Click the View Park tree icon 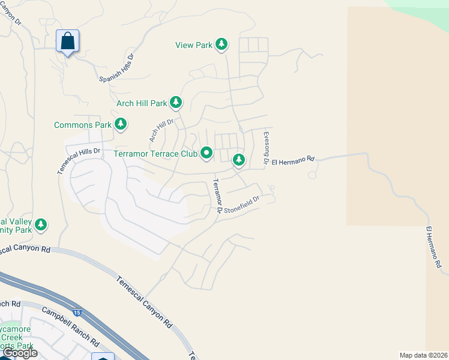pyautogui.click(x=222, y=44)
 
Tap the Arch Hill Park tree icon pyautogui.click(x=176, y=103)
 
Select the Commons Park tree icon pyautogui.click(x=121, y=124)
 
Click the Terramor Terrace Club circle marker pyautogui.click(x=207, y=154)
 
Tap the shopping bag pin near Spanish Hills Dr pyautogui.click(x=68, y=41)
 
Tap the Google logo pyautogui.click(x=19, y=353)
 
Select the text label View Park pyautogui.click(x=194, y=45)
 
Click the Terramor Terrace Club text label pyautogui.click(x=155, y=154)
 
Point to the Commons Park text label pyautogui.click(x=83, y=125)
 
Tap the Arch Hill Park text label pyautogui.click(x=142, y=103)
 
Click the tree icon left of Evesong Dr pyautogui.click(x=239, y=159)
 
